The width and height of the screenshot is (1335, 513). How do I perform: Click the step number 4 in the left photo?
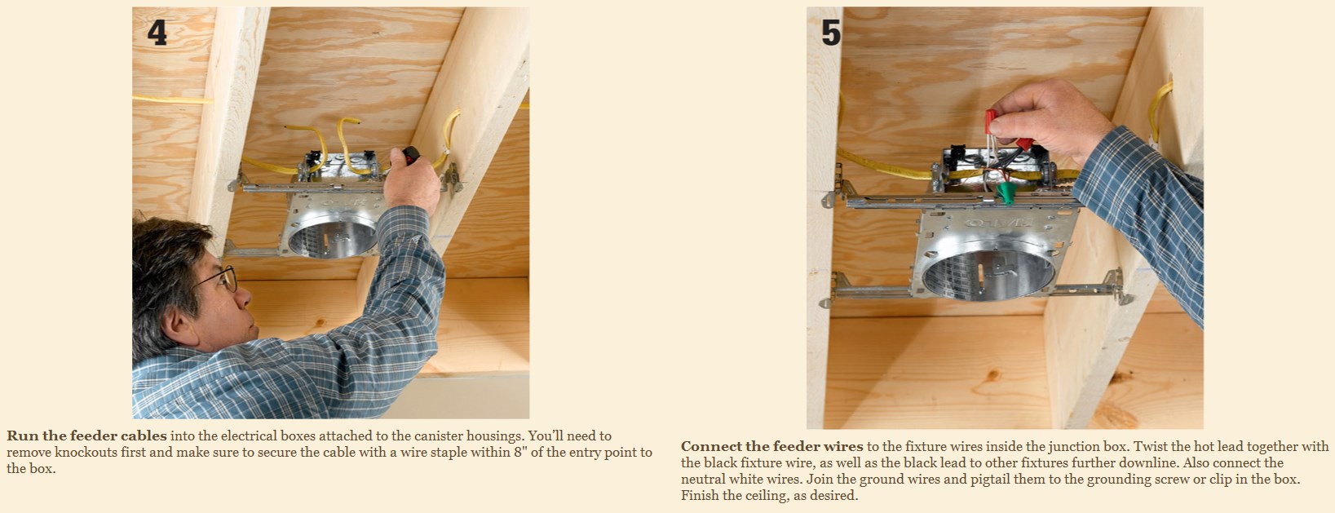(x=157, y=32)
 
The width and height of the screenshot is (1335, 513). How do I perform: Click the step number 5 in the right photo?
(x=831, y=32)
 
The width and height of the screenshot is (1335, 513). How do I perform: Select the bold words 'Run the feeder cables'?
(x=87, y=436)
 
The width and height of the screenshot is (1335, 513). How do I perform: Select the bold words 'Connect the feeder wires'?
(x=771, y=446)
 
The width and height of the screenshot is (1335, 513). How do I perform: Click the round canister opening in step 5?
(x=988, y=275)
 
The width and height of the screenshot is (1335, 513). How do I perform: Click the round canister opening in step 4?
(x=333, y=239)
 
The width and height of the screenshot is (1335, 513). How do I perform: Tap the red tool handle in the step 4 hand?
(x=411, y=155)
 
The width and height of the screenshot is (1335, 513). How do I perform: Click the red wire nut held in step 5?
(x=991, y=121)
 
